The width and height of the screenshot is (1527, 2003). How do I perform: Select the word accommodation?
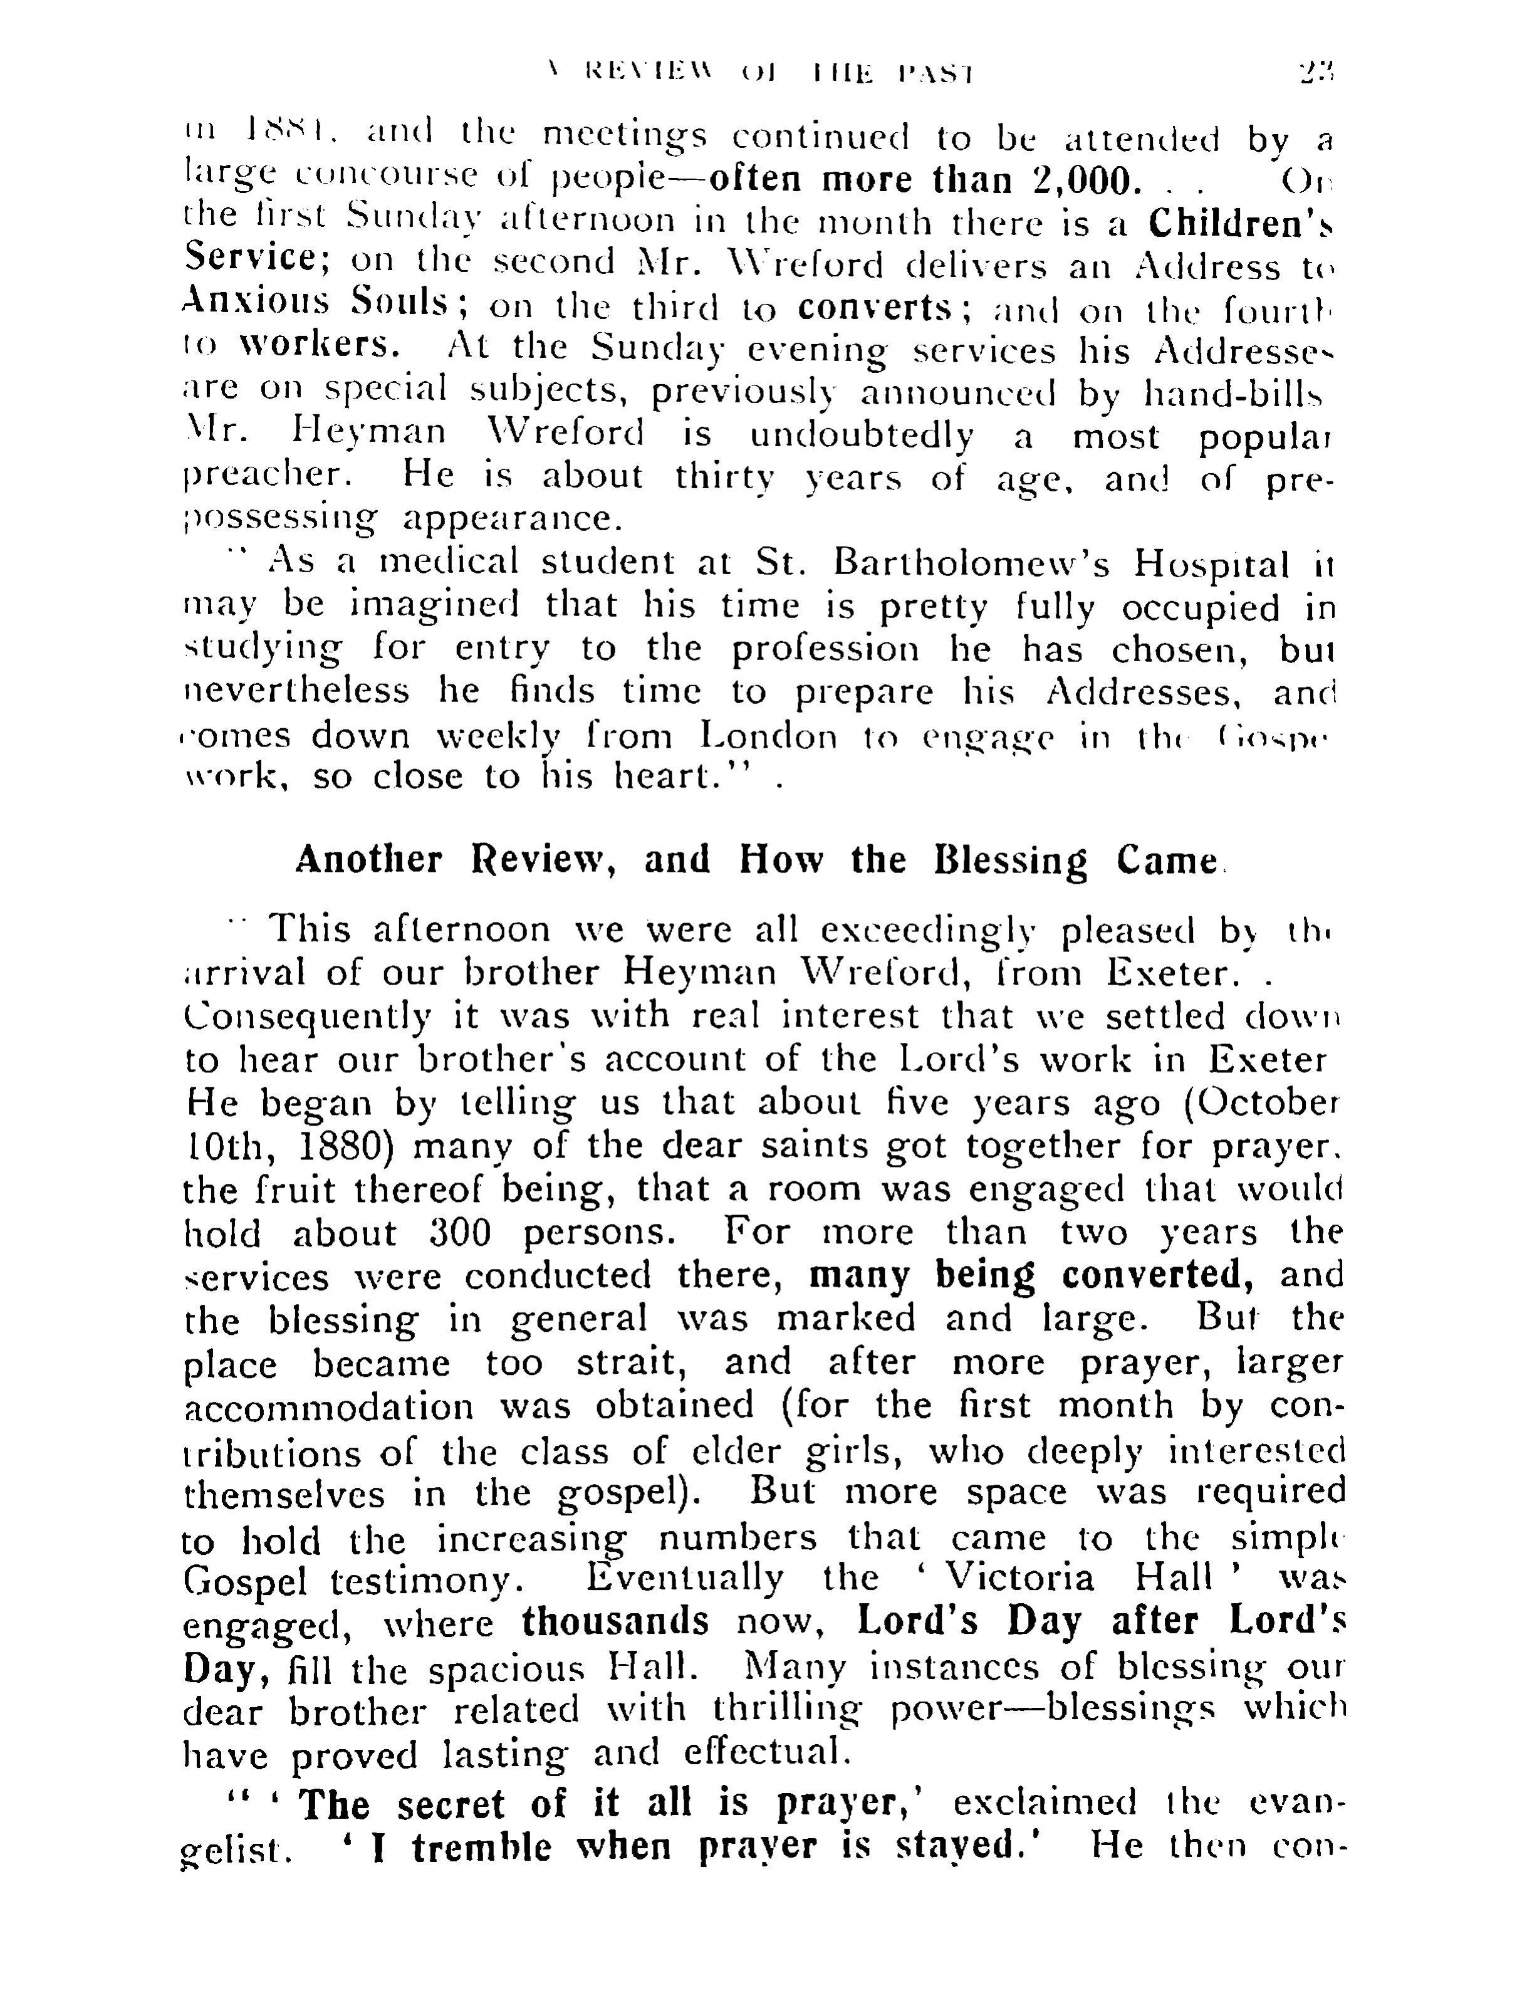tap(329, 1406)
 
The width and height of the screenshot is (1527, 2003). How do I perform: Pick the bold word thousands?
tap(615, 1620)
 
